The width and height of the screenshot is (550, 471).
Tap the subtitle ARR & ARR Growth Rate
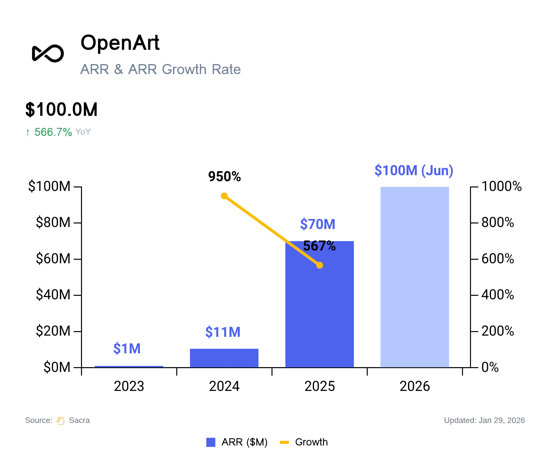(x=160, y=69)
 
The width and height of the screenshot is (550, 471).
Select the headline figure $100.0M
(x=61, y=109)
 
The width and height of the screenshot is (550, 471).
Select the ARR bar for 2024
(x=224, y=358)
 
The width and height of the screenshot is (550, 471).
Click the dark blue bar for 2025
(x=319, y=304)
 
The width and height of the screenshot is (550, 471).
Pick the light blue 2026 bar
(x=414, y=277)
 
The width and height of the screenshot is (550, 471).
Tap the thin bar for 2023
(x=129, y=367)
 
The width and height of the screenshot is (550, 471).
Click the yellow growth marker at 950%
(x=224, y=196)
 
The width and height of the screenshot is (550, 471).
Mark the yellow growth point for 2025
(x=319, y=265)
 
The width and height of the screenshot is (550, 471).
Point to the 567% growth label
(x=319, y=246)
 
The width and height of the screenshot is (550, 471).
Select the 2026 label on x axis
(x=414, y=386)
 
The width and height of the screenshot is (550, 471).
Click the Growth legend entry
(x=304, y=442)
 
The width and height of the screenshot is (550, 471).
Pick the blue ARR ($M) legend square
(x=211, y=442)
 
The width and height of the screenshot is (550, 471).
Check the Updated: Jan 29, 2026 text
(x=484, y=420)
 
